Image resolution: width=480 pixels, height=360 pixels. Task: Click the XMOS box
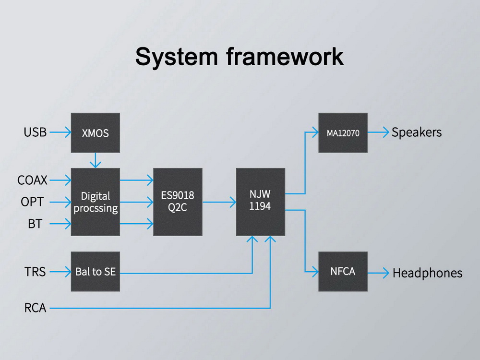pos(96,133)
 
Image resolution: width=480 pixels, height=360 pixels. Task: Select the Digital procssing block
pos(96,202)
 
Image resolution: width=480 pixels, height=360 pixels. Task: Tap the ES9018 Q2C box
pos(178,202)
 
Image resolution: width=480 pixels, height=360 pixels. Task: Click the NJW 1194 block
pos(260,202)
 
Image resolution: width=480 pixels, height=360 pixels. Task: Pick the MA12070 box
pos(343,133)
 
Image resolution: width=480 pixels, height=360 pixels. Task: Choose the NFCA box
pos(343,272)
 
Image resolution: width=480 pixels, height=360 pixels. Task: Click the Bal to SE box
pos(96,272)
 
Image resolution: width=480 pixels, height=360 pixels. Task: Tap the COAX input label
pos(33,180)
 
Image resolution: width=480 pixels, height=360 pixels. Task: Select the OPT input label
pos(32,202)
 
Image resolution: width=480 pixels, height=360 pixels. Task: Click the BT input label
pos(35,224)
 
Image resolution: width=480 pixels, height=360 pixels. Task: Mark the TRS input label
pos(35,272)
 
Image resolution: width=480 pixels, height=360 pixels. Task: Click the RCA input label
pos(35,308)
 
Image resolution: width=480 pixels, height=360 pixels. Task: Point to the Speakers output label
pos(416,132)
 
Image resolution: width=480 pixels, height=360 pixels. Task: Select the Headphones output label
pos(427,273)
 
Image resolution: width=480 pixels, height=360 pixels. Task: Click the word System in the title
pos(176,57)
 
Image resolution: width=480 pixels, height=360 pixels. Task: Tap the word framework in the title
pos(285,57)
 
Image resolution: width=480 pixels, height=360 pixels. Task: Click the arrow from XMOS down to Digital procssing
pos(96,160)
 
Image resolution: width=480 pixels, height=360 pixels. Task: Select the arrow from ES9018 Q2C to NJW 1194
pos(219,202)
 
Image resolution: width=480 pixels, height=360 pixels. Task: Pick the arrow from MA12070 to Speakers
pos(378,133)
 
